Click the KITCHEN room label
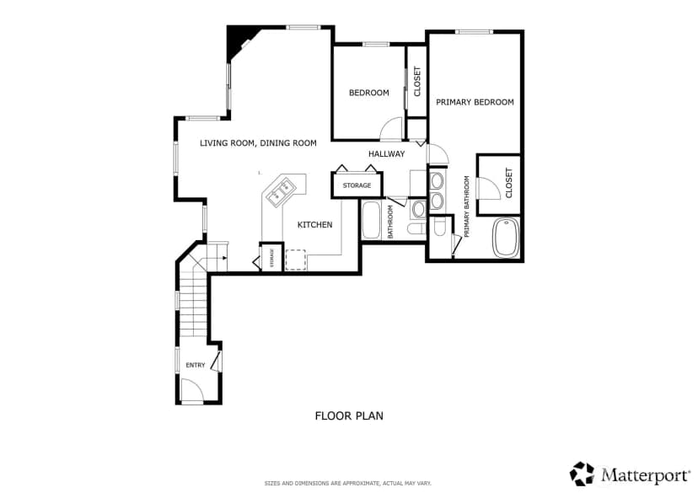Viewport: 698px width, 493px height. coord(314,225)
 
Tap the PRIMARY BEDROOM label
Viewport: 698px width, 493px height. coord(475,102)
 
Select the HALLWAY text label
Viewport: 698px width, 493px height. coord(386,154)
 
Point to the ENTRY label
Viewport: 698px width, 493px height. coord(196,365)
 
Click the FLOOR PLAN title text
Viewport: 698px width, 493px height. coord(349,415)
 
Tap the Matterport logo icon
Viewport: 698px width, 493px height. coord(583,474)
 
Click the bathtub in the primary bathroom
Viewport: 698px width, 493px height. coord(506,237)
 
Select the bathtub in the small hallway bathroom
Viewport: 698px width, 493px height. coord(371,220)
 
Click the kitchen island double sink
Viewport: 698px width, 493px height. coord(281,190)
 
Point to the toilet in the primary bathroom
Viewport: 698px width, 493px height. coord(439,227)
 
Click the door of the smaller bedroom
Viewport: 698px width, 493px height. coord(392,128)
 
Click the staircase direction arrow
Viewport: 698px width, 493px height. coord(224,258)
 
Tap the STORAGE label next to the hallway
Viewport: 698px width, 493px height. coord(357,185)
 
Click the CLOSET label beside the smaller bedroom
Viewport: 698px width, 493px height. coord(417,82)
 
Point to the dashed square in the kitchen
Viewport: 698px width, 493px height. coord(296,260)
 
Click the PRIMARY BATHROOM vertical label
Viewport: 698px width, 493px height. coord(467,206)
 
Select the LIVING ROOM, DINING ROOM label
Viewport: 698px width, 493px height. coord(258,142)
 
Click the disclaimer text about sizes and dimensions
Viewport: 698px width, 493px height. coord(347,483)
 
